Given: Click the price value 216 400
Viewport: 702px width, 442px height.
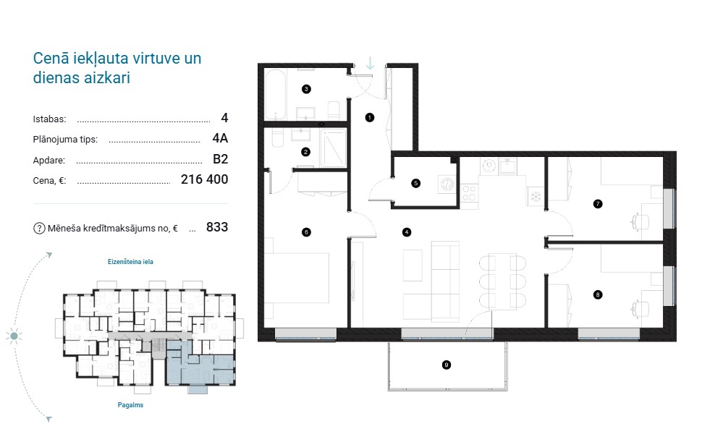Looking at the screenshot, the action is coord(204,179).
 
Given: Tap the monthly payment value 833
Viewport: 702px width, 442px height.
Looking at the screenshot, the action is coord(217,227).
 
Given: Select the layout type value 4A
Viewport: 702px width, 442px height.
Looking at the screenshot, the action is coord(220,138).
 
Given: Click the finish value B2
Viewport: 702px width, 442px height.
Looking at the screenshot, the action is coord(220,159).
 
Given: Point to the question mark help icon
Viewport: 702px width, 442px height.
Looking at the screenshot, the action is coord(39,228).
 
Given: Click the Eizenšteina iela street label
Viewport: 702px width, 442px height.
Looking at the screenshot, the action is coord(130,262).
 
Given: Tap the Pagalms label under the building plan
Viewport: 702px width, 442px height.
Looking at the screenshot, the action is coord(130,405).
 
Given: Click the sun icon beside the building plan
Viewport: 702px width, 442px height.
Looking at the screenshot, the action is coord(14,336).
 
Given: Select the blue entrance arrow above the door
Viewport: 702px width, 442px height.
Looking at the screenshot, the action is coord(370,64).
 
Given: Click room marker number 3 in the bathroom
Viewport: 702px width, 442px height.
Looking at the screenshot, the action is coord(306,89).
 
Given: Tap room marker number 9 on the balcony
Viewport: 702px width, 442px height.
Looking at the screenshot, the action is coord(447,365).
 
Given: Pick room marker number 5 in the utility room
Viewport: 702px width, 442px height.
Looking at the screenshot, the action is coord(416,183).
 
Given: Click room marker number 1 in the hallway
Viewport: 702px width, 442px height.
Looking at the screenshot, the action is coord(369,117).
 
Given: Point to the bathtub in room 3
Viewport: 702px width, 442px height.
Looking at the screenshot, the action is coord(276,94).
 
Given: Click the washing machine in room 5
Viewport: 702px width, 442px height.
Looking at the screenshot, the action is coord(447,184).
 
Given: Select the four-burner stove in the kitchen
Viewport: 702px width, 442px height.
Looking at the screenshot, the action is coord(469,194).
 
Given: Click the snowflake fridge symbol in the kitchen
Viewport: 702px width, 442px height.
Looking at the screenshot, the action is coord(536,196).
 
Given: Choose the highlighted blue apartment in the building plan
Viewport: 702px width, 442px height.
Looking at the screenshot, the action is coord(200,365).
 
